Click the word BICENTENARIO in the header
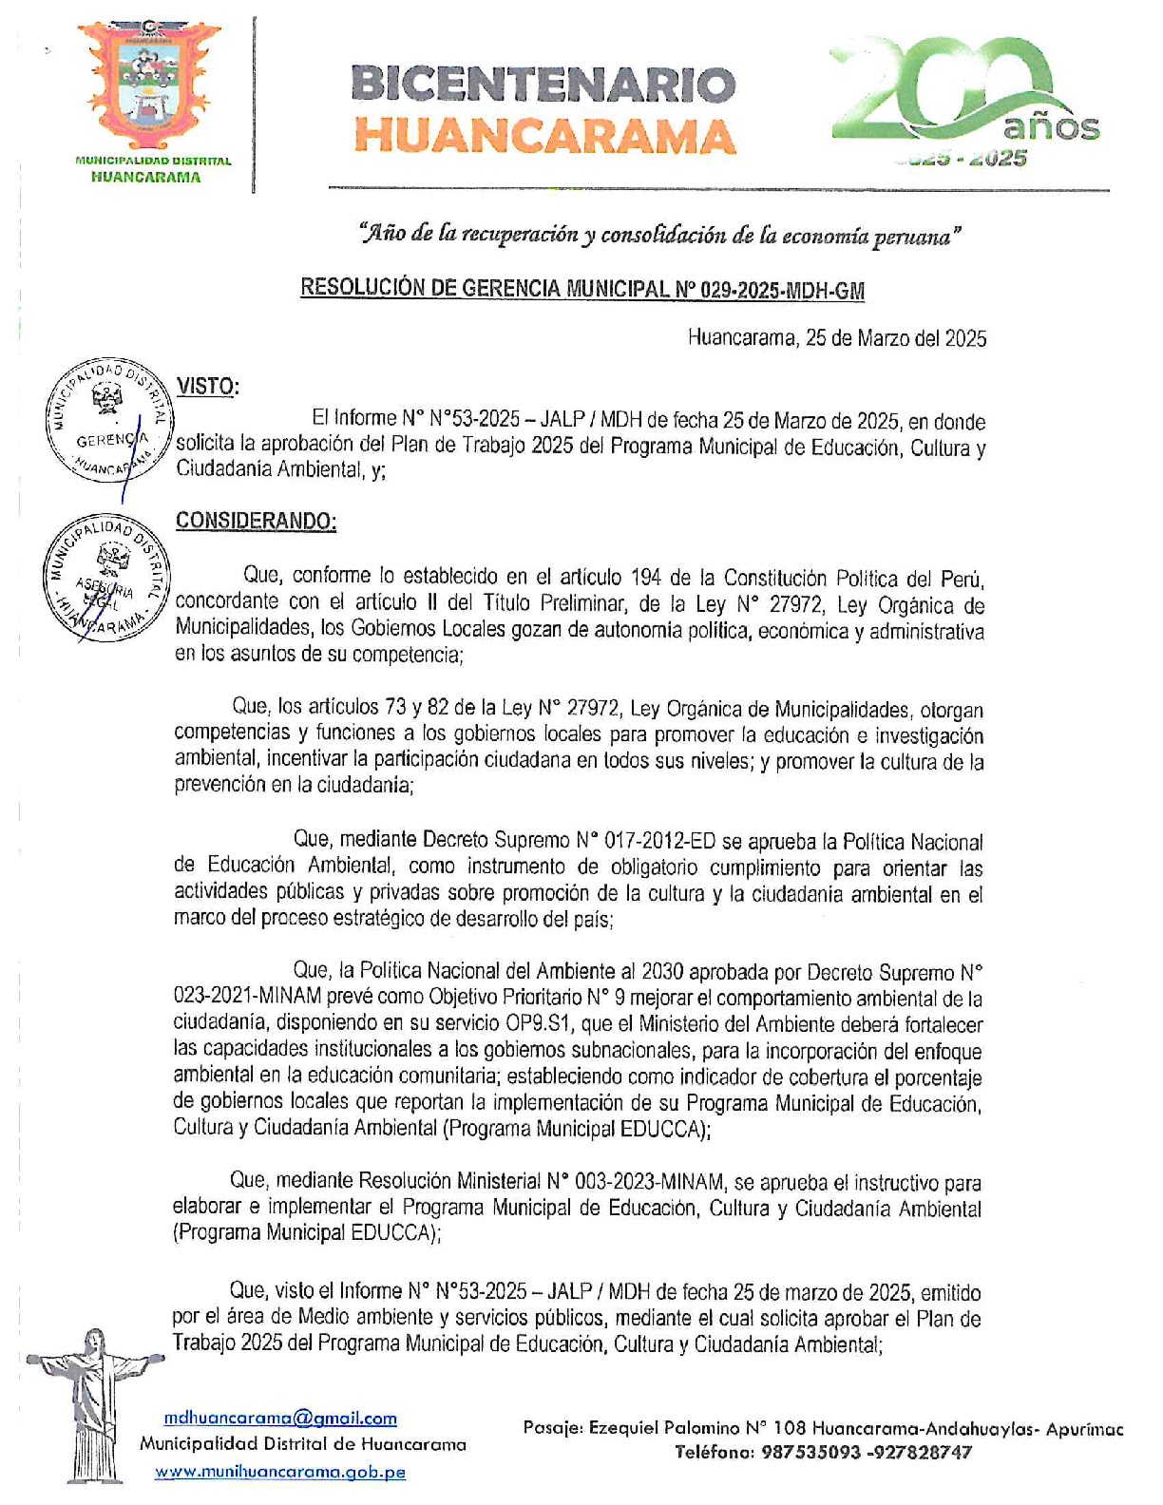point(543,86)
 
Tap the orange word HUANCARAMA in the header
point(544,136)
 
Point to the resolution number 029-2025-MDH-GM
point(781,290)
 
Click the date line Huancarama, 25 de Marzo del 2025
point(836,338)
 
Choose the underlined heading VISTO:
point(207,387)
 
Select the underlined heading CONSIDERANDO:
point(256,521)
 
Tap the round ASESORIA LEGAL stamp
point(106,580)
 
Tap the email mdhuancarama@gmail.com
point(280,1419)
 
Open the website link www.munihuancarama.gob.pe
point(280,1472)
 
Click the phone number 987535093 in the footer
point(810,1452)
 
